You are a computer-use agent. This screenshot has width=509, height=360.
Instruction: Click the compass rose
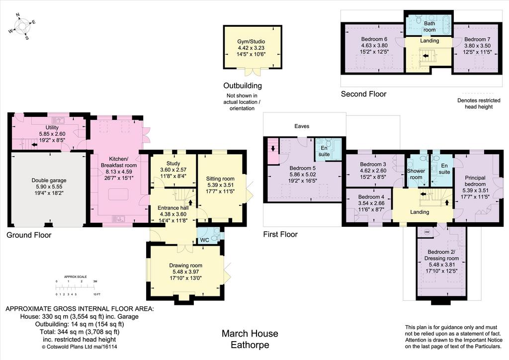[22, 26]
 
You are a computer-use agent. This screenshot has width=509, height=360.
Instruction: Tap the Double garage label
[49, 180]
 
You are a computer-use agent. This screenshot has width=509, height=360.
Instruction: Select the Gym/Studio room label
[251, 42]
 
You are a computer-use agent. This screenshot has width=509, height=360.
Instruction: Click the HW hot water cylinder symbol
[427, 232]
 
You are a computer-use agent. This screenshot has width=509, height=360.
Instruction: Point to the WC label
[204, 240]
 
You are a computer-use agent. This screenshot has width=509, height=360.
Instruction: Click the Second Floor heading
[363, 94]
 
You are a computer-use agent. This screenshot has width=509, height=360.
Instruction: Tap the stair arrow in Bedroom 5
[273, 149]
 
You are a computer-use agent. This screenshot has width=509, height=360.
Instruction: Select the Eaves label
[302, 126]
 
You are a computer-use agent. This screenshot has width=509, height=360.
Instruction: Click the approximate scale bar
[76, 287]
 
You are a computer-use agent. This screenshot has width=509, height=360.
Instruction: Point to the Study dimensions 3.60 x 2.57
[173, 170]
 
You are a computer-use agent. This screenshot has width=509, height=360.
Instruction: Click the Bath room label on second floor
[429, 27]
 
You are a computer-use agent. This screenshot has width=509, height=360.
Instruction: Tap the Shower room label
[416, 174]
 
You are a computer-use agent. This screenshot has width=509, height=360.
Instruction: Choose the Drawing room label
[186, 266]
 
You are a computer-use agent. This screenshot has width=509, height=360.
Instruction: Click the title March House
[250, 334]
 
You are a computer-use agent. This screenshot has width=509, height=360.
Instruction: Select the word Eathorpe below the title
[250, 345]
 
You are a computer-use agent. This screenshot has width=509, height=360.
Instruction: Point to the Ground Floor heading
[29, 235]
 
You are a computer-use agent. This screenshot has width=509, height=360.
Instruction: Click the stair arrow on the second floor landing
[425, 56]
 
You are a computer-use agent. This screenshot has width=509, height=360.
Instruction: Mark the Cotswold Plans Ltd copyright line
[80, 347]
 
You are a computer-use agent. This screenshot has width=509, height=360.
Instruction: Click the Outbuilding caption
[243, 86]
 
